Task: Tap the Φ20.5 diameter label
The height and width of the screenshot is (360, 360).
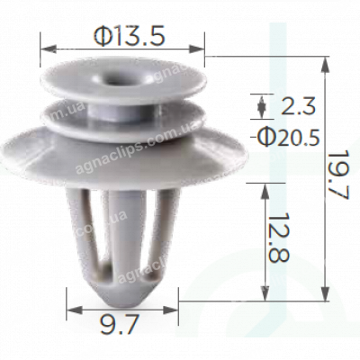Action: tap(290, 137)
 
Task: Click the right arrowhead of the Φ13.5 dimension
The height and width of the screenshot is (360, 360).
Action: tap(200, 49)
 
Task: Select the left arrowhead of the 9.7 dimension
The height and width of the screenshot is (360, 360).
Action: tap(70, 309)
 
